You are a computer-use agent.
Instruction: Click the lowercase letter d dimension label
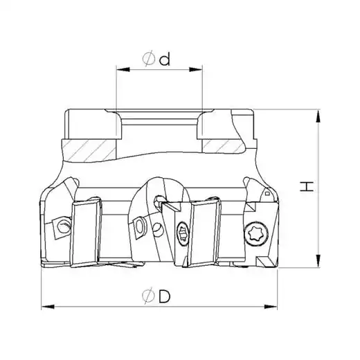point(165,59)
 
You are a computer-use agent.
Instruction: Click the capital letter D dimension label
point(164,296)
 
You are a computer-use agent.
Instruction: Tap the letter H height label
point(307,186)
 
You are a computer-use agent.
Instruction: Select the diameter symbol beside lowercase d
point(149,58)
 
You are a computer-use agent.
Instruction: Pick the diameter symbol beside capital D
point(148,296)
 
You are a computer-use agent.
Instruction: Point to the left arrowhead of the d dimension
point(123,69)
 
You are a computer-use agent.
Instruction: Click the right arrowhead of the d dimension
point(196,69)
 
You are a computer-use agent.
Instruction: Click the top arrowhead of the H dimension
point(318,116)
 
